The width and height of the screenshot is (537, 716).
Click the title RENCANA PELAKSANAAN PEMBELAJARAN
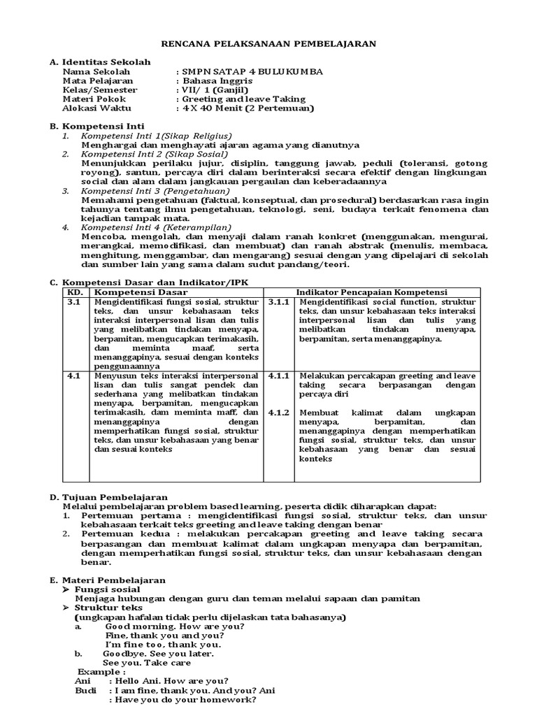[x=269, y=43]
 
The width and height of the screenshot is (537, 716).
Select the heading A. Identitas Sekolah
[x=100, y=62]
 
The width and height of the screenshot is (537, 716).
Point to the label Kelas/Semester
[x=100, y=90]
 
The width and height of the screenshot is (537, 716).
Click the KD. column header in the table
[x=74, y=291]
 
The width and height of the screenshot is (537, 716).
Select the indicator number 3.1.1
[x=280, y=301]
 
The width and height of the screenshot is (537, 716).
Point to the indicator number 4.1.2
[x=280, y=412]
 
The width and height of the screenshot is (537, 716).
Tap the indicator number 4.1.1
[x=280, y=375]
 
